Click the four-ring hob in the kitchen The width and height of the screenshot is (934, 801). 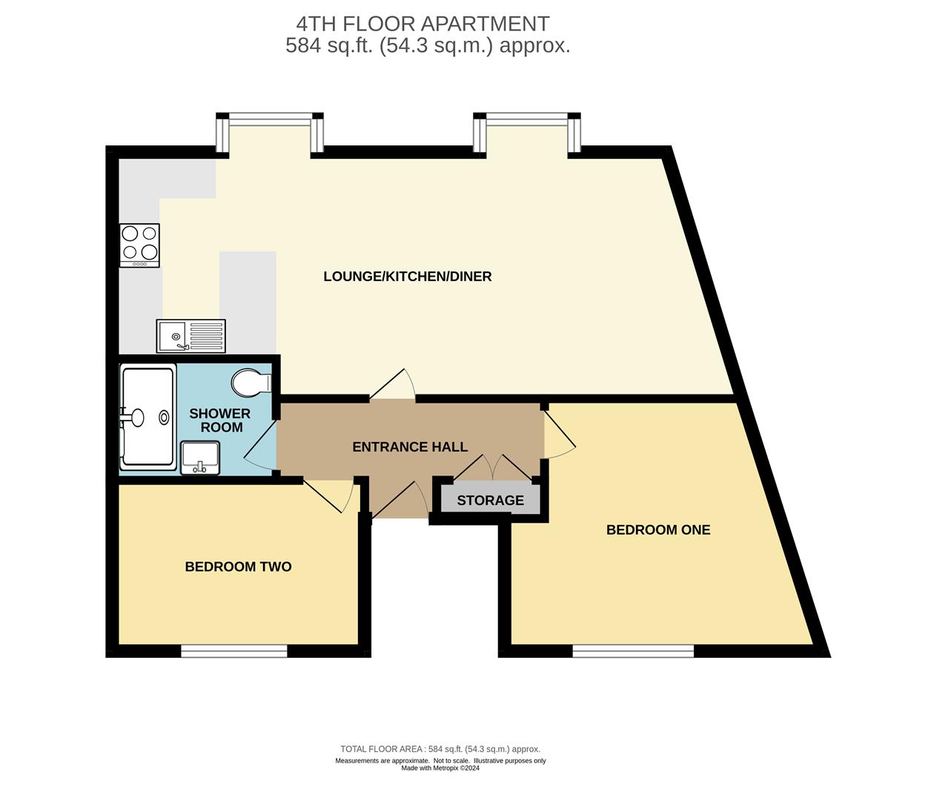pyautogui.click(x=139, y=245)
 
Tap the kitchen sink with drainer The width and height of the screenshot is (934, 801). pyautogui.click(x=191, y=336)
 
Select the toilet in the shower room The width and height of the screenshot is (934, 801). pyautogui.click(x=251, y=383)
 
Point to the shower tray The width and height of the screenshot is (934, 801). pyautogui.click(x=148, y=417)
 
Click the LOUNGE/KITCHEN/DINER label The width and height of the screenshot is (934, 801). pyautogui.click(x=407, y=277)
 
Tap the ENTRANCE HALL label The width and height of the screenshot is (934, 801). pyautogui.click(x=409, y=446)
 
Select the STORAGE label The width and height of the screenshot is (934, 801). pyautogui.click(x=490, y=501)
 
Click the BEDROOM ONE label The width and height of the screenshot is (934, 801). pyautogui.click(x=658, y=530)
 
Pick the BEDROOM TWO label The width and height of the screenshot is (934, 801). pyautogui.click(x=238, y=567)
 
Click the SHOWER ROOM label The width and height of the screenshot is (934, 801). pyautogui.click(x=220, y=420)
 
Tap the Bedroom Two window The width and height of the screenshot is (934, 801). pyautogui.click(x=234, y=651)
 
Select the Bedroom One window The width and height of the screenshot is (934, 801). pyautogui.click(x=633, y=651)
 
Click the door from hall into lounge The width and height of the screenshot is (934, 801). pyautogui.click(x=393, y=386)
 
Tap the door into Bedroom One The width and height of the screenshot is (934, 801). pyautogui.click(x=560, y=434)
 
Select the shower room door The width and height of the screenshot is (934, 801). pyautogui.click(x=259, y=445)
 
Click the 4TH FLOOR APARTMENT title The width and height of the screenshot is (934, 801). pyautogui.click(x=423, y=24)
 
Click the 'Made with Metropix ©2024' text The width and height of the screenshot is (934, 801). pyautogui.click(x=440, y=768)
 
